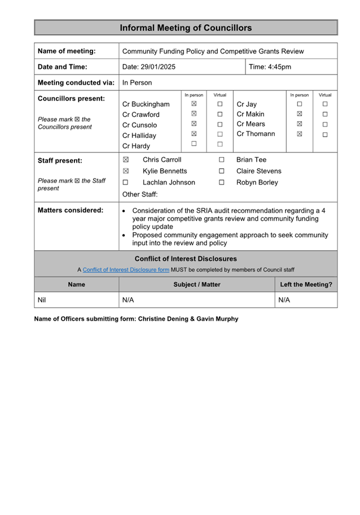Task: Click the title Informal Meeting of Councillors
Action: (186, 28)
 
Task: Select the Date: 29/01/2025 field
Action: (149, 67)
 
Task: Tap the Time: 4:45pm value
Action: (270, 67)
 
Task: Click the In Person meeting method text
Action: (137, 82)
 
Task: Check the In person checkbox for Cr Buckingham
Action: (194, 104)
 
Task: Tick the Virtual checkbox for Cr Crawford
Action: (220, 114)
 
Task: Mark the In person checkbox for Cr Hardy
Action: (194, 144)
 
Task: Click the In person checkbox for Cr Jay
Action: (300, 104)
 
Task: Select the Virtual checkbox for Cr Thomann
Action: (325, 134)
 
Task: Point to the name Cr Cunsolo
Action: (140, 125)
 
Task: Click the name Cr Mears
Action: (251, 124)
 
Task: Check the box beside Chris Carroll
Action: (126, 160)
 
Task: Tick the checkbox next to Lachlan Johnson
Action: (126, 182)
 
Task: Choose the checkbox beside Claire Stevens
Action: (222, 171)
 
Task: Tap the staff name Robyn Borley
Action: (257, 182)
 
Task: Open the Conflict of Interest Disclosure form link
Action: (126, 269)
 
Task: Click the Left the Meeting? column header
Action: (306, 285)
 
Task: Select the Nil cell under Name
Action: (42, 300)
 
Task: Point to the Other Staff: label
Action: (140, 194)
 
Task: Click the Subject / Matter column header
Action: (197, 285)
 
